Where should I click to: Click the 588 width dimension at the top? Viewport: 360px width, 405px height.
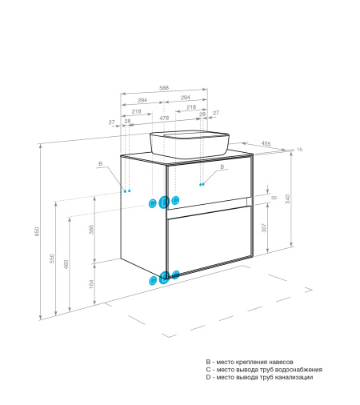click(164, 88)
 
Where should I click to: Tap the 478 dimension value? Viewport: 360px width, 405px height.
click(164, 118)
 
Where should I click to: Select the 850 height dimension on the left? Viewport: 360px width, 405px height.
click(37, 231)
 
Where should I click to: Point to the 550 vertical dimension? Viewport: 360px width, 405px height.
click(52, 259)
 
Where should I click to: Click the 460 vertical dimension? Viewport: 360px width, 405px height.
click(66, 264)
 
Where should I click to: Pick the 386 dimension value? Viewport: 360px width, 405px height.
click(91, 230)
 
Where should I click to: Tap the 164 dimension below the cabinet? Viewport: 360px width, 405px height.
click(91, 284)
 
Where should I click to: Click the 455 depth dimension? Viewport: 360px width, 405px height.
click(266, 143)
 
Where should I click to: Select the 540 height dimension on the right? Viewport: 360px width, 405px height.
click(287, 198)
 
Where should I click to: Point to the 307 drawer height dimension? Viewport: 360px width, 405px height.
click(264, 227)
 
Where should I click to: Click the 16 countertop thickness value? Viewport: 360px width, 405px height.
click(299, 150)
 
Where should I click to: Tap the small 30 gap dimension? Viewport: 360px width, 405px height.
click(274, 198)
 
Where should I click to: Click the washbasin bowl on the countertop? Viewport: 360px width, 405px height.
click(190, 145)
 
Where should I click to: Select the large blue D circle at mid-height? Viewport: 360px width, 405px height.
click(164, 202)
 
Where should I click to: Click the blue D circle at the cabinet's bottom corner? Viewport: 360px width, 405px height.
click(164, 278)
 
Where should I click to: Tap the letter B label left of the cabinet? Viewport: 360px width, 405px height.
click(100, 164)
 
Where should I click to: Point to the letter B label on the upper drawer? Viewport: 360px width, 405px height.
click(222, 166)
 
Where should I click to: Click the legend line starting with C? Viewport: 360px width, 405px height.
click(264, 370)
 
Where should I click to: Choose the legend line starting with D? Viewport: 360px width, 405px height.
click(259, 377)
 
